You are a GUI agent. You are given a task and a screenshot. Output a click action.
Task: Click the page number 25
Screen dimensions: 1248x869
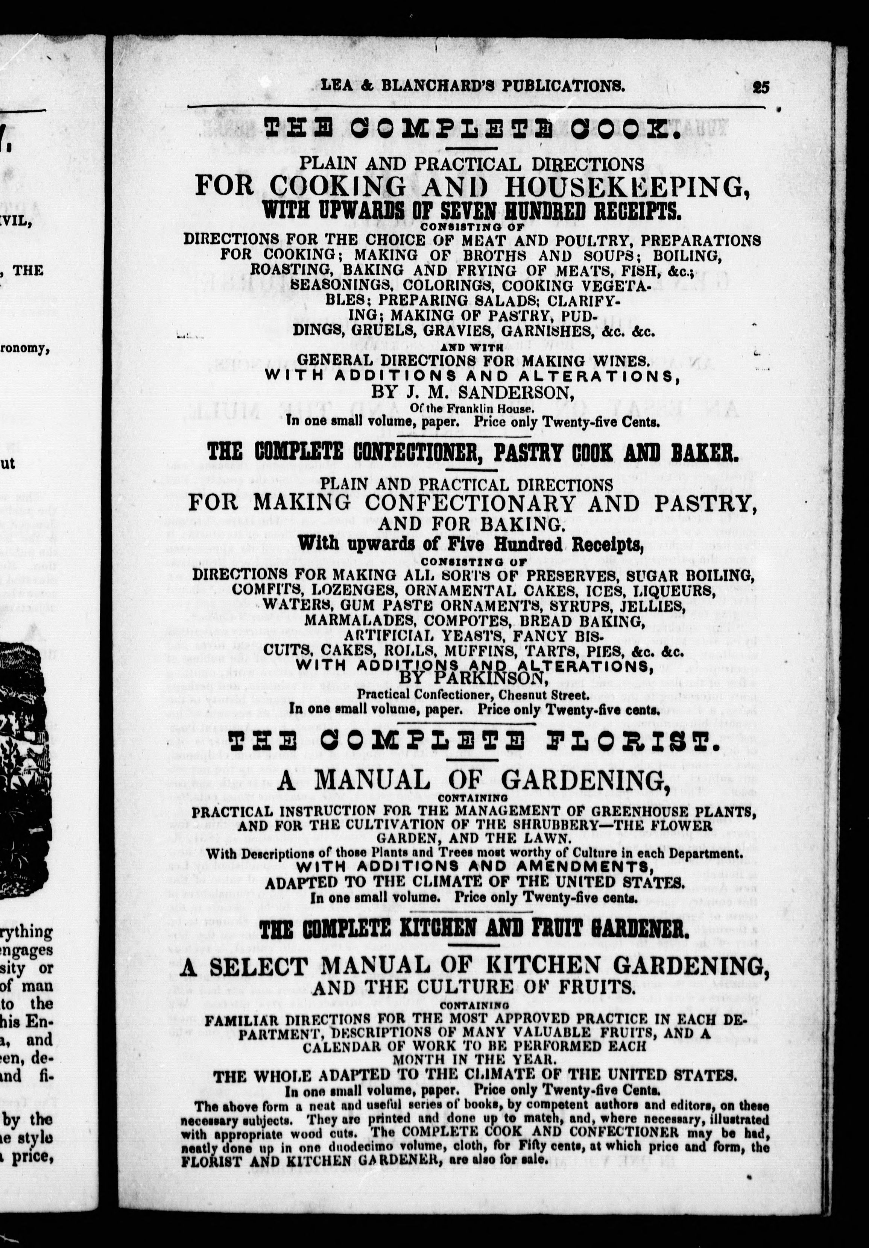click(760, 88)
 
